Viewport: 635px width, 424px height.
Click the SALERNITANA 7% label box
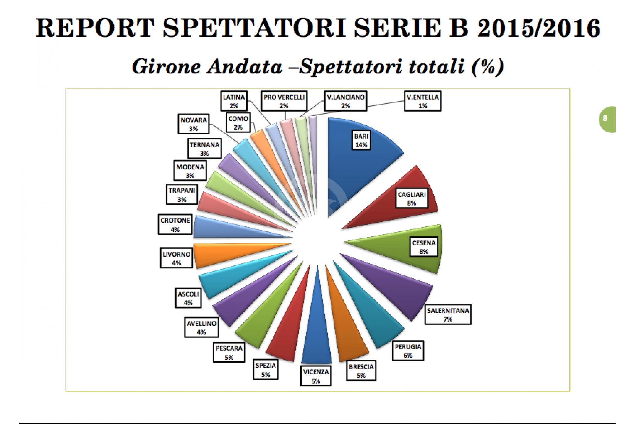tap(448, 315)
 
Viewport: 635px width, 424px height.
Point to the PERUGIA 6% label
tap(408, 351)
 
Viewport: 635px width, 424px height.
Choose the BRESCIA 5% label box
tap(361, 371)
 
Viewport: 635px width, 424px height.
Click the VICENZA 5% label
tap(316, 376)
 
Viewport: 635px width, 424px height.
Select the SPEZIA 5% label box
tap(266, 370)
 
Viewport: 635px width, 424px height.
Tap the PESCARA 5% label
tap(229, 352)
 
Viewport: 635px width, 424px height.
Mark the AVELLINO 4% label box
tap(201, 327)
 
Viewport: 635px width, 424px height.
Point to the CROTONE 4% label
tap(175, 224)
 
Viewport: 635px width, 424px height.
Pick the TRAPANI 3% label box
tap(182, 194)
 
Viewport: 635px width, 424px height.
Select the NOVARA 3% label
tap(193, 124)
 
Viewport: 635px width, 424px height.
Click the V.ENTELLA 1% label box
tap(423, 101)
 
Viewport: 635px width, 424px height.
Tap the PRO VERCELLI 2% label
tap(284, 101)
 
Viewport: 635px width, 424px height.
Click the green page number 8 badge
tap(607, 119)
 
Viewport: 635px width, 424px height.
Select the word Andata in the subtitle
tap(245, 67)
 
